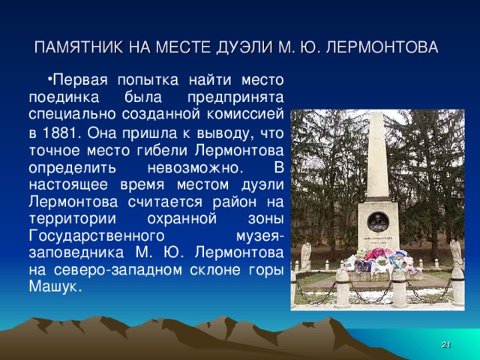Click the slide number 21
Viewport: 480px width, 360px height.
click(x=445, y=344)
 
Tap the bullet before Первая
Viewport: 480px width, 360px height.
click(x=47, y=78)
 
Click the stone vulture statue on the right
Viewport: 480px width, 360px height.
click(x=454, y=253)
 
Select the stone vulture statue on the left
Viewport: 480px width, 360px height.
click(x=306, y=254)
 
